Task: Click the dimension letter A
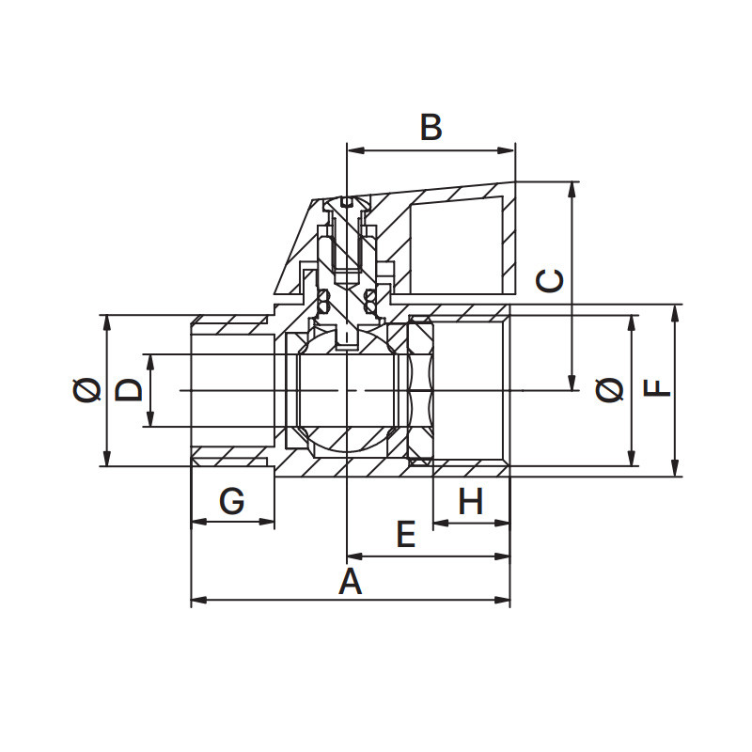point(350,581)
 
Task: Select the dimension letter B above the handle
point(431,127)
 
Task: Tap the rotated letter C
point(550,281)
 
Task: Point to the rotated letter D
point(129,389)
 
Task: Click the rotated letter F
point(656,388)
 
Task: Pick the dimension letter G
point(231,501)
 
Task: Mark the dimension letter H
point(471,501)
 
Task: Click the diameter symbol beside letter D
point(87,390)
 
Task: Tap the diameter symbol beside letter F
point(610,390)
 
